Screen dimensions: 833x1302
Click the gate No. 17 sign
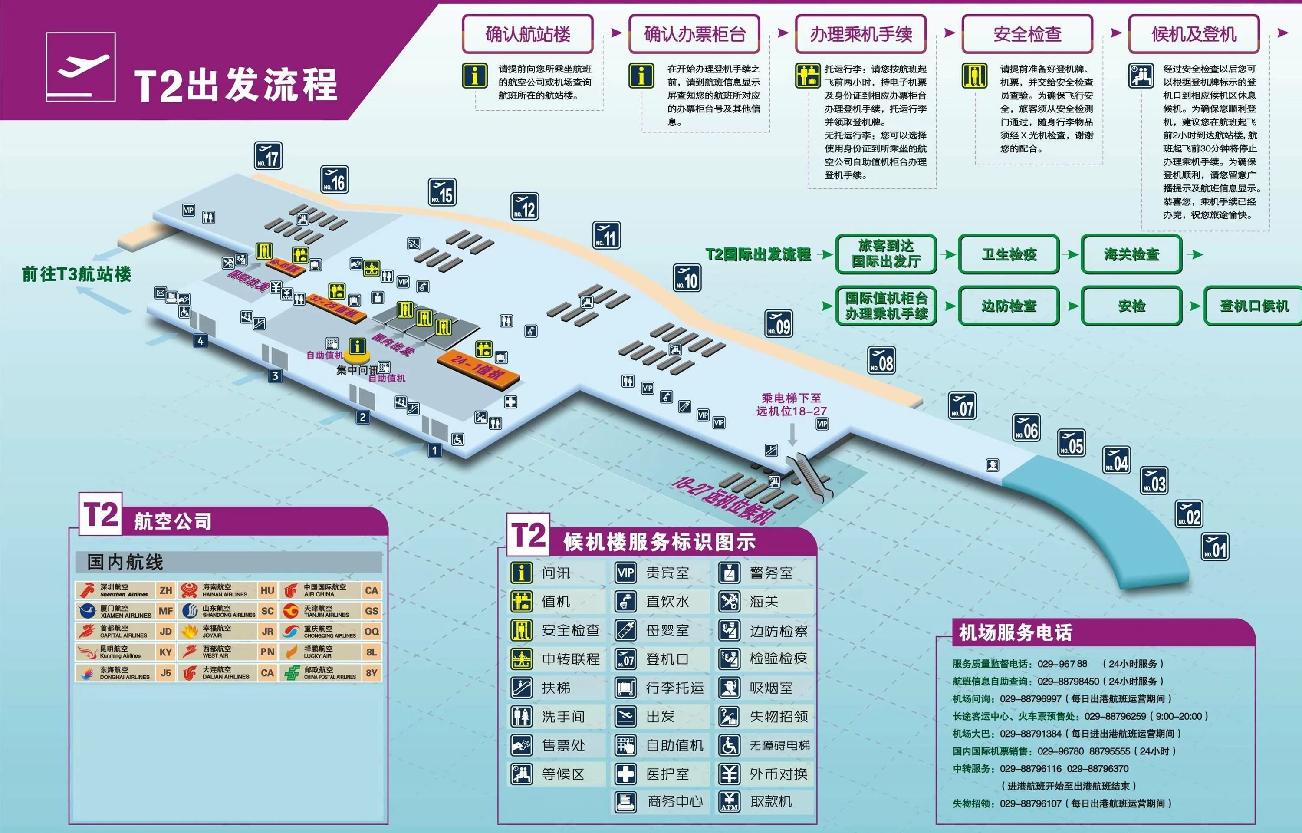268,156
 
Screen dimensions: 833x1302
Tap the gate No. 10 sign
687,278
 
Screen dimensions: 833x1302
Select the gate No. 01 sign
1215,547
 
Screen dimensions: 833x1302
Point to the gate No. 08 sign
881,360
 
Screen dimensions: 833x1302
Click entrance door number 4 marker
201,341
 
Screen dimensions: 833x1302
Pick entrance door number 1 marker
434,450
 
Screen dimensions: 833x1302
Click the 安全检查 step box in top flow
1027,34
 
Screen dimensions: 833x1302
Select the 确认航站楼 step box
528,34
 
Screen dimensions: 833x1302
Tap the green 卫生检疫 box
1009,254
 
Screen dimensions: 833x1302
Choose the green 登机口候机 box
1254,306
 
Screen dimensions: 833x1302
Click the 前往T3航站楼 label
76,274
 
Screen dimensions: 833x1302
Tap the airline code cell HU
267,590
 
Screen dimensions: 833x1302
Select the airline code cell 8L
372,652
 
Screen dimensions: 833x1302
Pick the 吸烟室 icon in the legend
729,688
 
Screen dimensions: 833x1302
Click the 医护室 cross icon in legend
625,774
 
